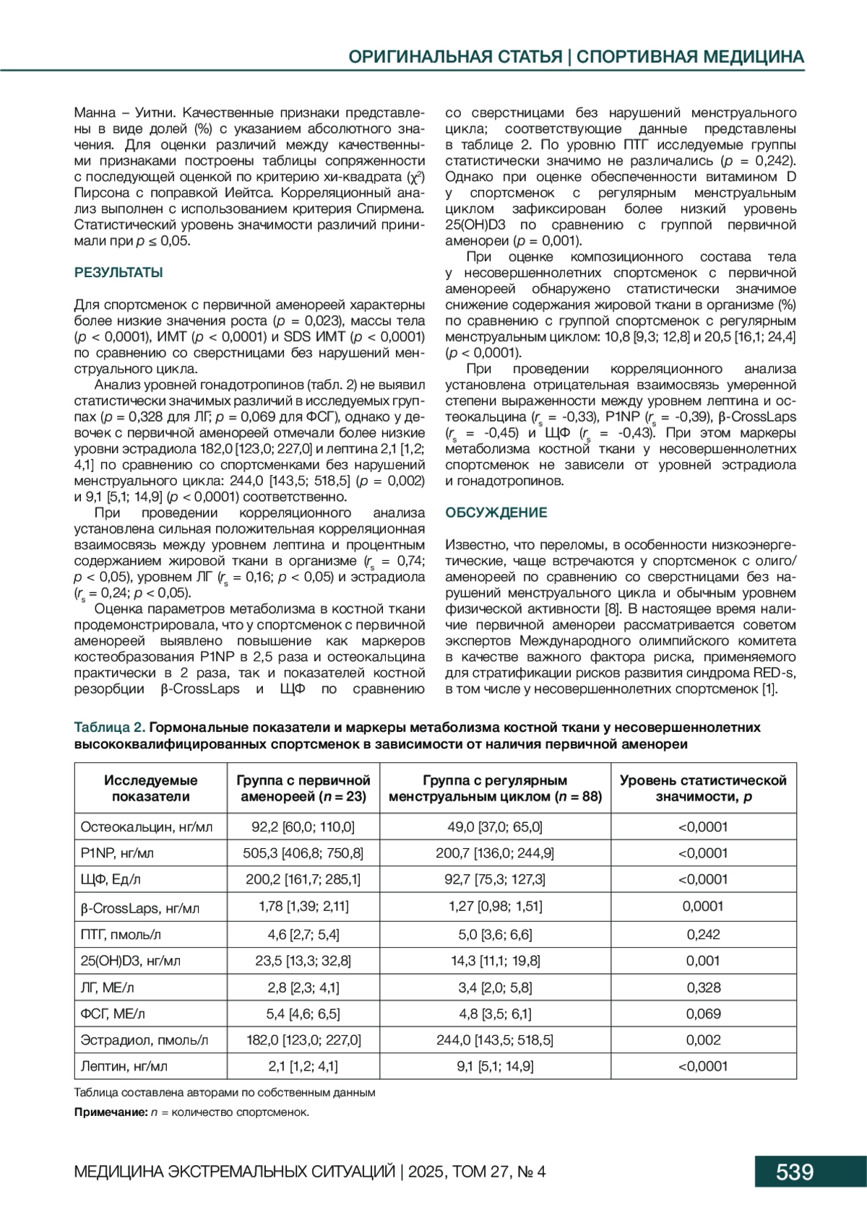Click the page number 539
[794, 1171]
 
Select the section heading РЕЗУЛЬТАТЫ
[118, 273]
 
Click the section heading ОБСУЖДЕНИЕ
[496, 513]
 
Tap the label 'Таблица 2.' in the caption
[110, 727]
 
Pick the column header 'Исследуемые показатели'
[150, 788]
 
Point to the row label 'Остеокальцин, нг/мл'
[147, 827]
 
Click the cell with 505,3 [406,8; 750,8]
[303, 853]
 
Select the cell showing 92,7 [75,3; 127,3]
[494, 879]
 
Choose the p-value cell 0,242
[703, 934]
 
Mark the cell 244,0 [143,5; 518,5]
[494, 1040]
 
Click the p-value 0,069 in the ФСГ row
[703, 1013]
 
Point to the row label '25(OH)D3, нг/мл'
[131, 961]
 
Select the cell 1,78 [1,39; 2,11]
[303, 906]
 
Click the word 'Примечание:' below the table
[111, 1112]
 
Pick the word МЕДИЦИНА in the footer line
[118, 1171]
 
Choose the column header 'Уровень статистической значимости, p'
[703, 788]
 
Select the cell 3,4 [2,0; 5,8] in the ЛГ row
[494, 987]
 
